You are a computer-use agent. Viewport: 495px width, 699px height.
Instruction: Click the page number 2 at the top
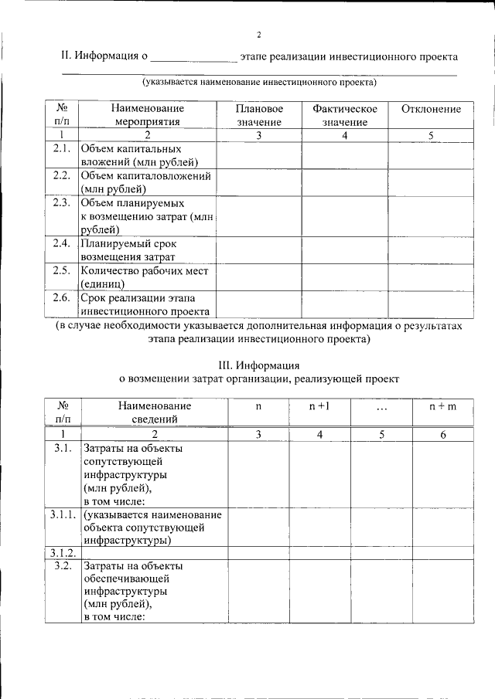(x=260, y=35)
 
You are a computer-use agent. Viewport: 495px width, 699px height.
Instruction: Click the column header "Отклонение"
(x=431, y=110)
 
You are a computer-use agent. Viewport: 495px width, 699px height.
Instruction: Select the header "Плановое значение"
(x=259, y=116)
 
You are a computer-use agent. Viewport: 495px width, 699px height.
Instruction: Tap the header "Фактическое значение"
(x=344, y=116)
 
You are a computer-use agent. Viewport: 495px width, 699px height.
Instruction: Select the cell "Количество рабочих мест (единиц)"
(x=145, y=277)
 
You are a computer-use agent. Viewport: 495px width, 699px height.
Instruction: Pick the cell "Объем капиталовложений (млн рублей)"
(x=145, y=182)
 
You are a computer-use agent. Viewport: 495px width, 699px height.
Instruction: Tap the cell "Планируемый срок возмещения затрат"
(x=128, y=250)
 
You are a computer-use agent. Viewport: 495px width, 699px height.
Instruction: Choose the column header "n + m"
(x=443, y=405)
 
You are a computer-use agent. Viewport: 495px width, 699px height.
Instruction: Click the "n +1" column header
(x=320, y=405)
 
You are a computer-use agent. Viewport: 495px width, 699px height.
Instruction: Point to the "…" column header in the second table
(x=381, y=406)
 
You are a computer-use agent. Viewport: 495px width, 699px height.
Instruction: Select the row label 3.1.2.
(x=62, y=553)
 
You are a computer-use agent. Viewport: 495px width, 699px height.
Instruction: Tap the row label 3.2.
(x=62, y=566)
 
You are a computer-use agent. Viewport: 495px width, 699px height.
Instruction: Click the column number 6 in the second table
(x=443, y=435)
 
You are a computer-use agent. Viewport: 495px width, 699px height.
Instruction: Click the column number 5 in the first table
(x=431, y=136)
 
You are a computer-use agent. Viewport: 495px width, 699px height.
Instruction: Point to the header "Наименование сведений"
(x=155, y=412)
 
